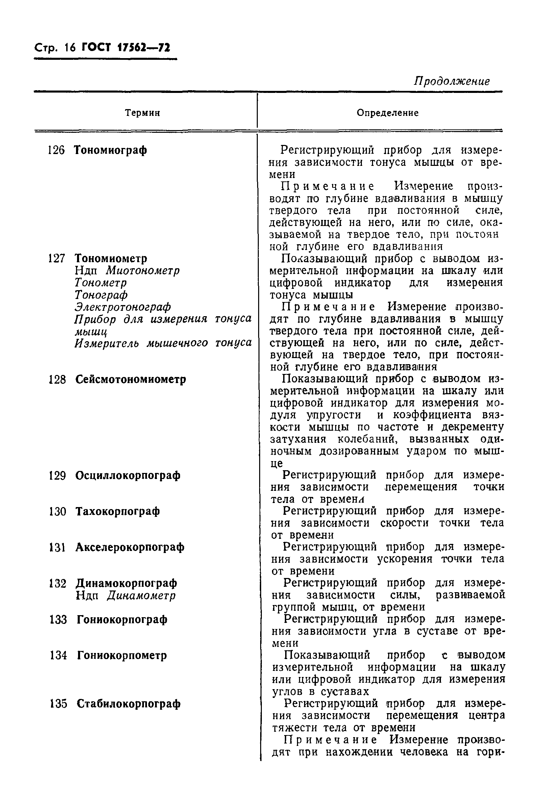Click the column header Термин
coord(142,113)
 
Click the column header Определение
coord(387,113)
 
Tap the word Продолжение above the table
coord(451,81)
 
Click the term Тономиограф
coord(110,150)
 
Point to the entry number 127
coord(56,258)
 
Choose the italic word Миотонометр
coord(143,271)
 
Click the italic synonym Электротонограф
coord(123,307)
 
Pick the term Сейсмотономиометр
coord(131,379)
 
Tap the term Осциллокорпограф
coord(128,476)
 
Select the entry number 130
coord(57,511)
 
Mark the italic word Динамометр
coord(141,596)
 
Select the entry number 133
coord(58,620)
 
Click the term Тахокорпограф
coord(118,511)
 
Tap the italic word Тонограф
coord(101,295)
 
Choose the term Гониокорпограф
coord(122,619)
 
